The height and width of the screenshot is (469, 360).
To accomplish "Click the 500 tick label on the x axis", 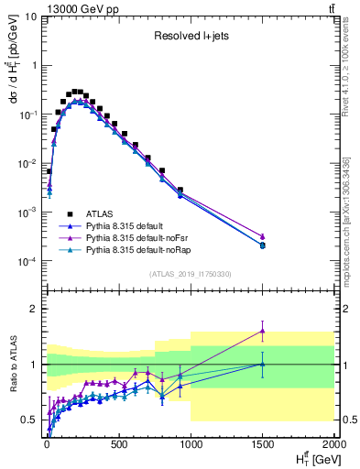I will pos(118,444).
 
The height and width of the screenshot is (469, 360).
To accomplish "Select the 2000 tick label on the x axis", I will pos(332,444).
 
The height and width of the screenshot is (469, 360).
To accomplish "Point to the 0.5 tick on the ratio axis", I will pos(28,420).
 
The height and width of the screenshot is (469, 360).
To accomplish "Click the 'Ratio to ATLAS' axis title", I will pos(12,365).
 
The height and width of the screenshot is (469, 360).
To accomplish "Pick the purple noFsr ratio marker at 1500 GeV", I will pos(262,331).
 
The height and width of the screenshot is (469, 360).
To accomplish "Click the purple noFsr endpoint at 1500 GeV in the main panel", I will pos(262,236).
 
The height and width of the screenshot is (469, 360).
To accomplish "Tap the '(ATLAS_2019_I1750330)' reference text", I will pos(190,273).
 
